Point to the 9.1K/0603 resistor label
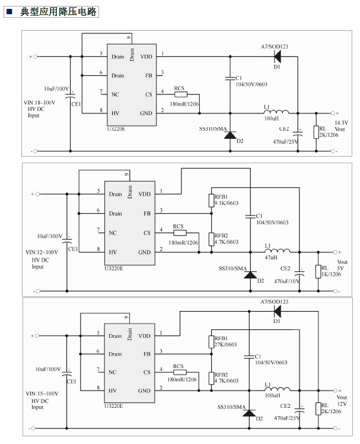[x=226, y=203]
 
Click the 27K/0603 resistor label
[x=226, y=344]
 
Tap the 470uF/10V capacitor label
[x=287, y=281]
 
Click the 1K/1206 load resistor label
[x=332, y=274]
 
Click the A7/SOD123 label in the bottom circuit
[x=274, y=303]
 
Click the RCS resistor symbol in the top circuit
[x=180, y=94]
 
